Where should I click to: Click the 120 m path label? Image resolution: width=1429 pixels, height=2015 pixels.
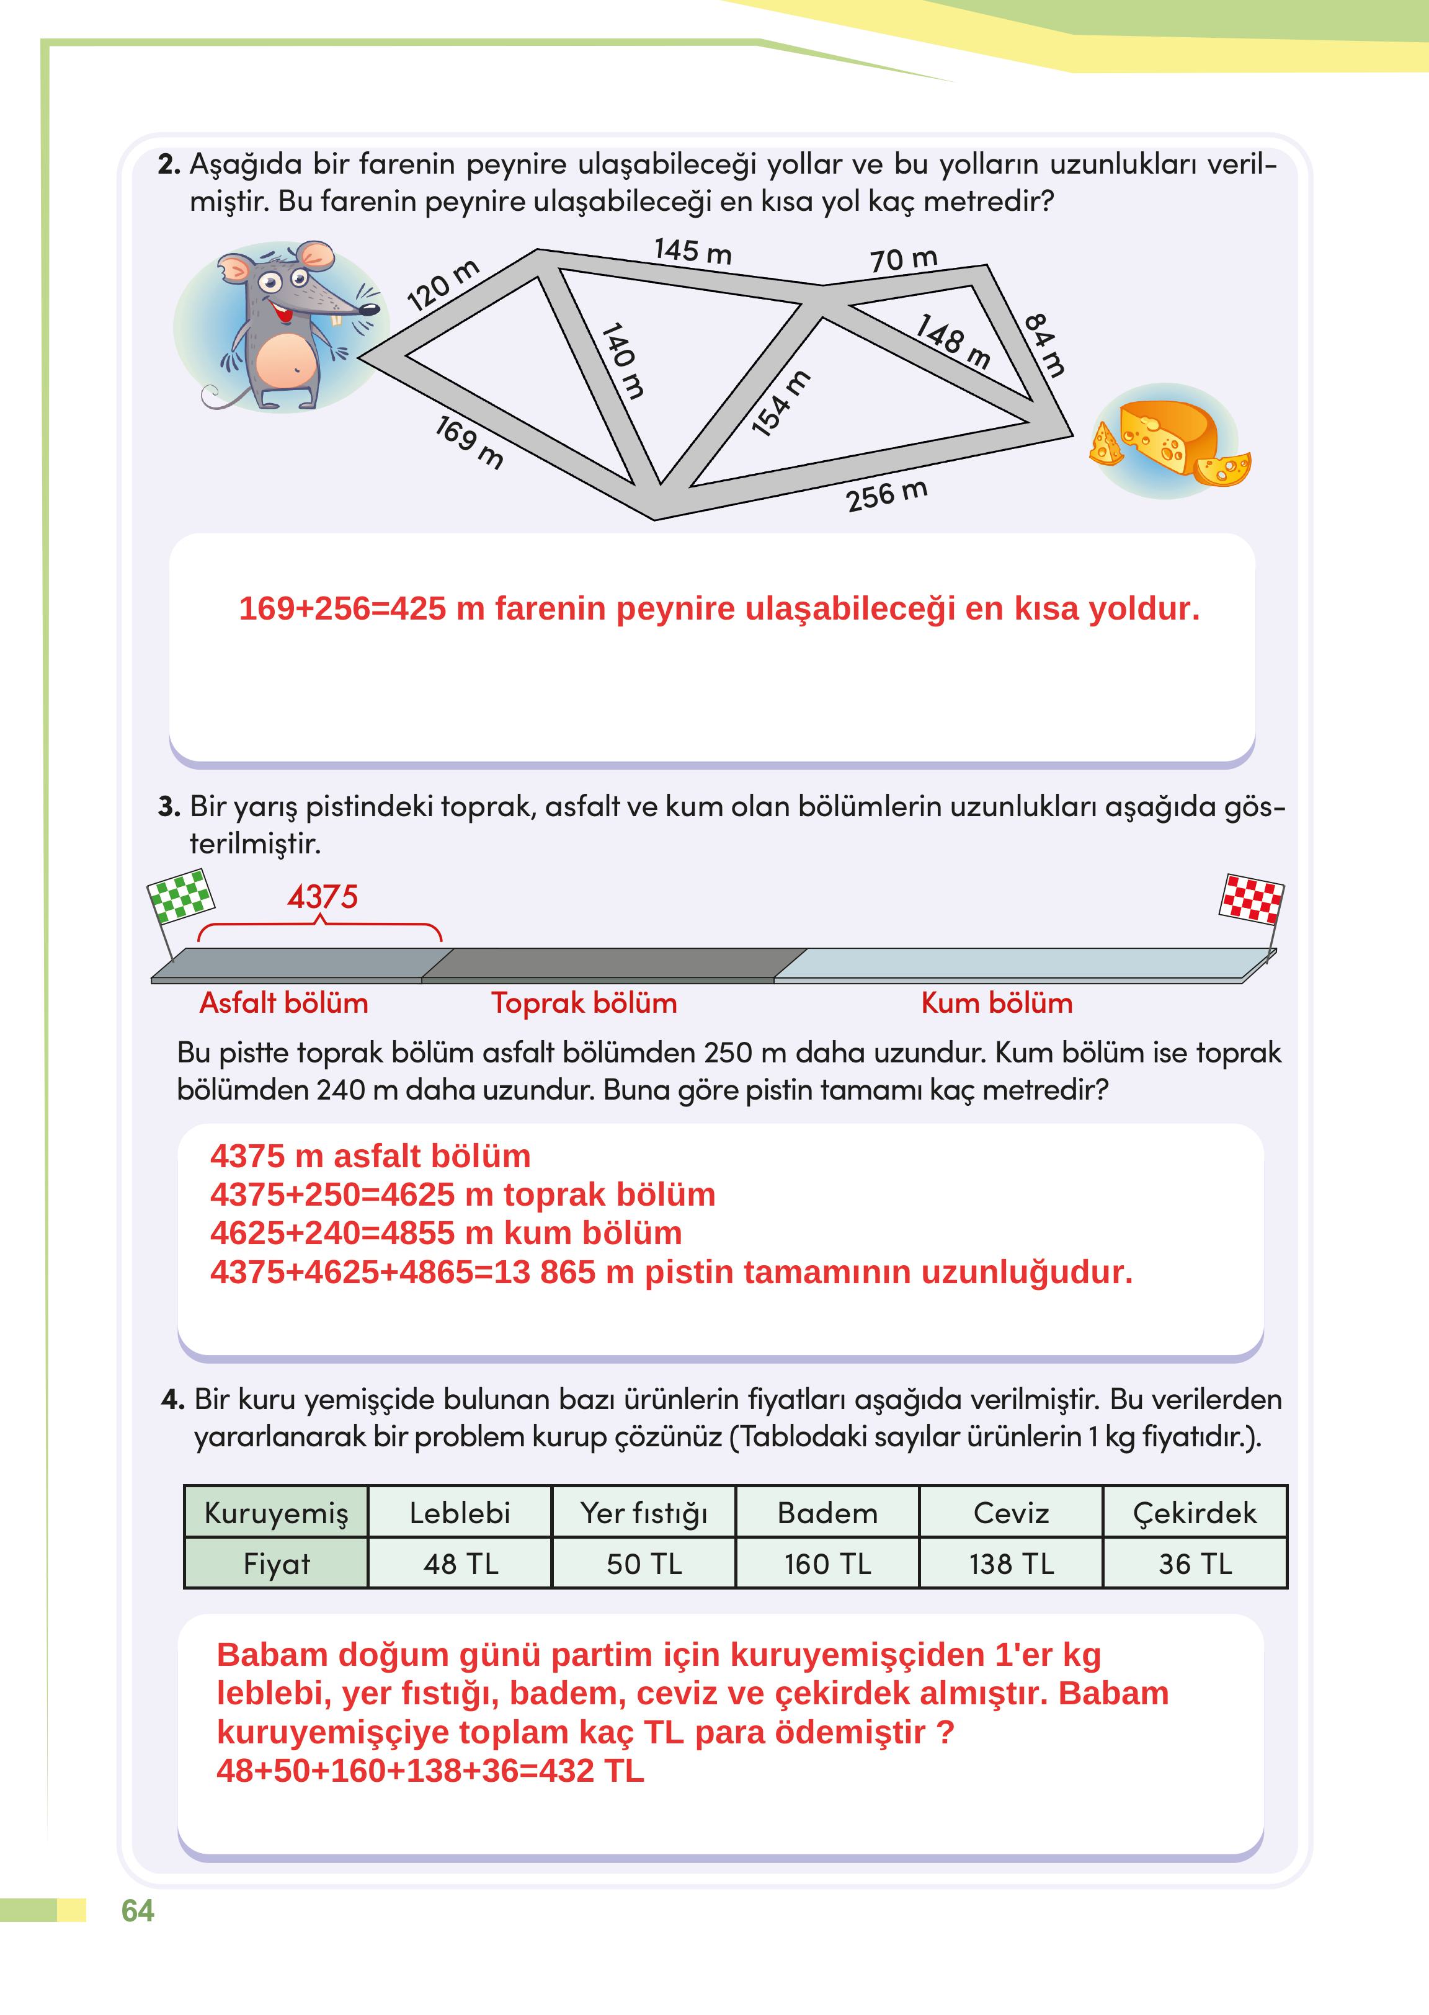click(x=443, y=285)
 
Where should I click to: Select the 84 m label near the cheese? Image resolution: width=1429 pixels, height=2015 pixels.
click(x=1045, y=344)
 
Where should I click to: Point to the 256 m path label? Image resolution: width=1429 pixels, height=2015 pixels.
click(x=886, y=496)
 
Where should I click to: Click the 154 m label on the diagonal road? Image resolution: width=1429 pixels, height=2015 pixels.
click(x=780, y=403)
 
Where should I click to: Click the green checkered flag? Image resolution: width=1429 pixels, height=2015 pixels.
click(x=180, y=895)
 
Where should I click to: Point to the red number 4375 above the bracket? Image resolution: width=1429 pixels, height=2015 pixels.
click(x=322, y=897)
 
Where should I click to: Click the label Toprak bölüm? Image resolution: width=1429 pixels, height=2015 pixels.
click(x=584, y=1003)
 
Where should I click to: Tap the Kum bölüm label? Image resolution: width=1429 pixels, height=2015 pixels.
click(x=997, y=1003)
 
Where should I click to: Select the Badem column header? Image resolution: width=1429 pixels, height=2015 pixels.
click(x=827, y=1513)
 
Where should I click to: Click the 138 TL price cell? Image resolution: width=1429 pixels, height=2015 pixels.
click(x=1011, y=1564)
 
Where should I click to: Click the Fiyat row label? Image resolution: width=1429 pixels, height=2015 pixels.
click(x=276, y=1564)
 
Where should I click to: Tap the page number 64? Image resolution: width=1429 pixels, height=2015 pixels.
click(x=137, y=1910)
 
